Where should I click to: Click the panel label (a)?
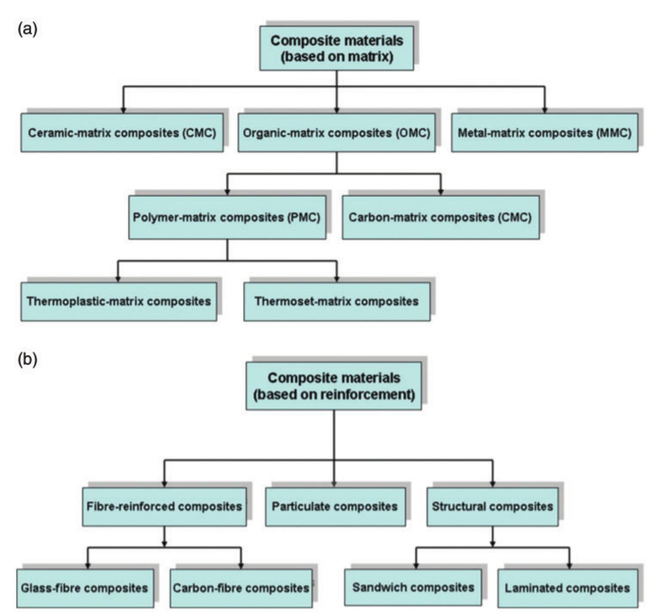pos(27,30)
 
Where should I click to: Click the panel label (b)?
pos(27,360)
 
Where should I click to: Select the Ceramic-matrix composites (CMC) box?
pos(122,133)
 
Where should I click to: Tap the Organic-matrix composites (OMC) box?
pos(336,133)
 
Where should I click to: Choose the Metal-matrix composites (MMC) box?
pos(544,133)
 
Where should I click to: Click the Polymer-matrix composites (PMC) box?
pos(227,217)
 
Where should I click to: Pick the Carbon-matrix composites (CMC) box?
pos(440,217)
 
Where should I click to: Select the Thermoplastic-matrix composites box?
pos(119,301)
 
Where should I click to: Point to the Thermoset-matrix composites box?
pos(336,301)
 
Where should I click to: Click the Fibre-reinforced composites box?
pos(164,506)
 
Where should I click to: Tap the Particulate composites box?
pos(335,506)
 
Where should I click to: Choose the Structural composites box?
pos(492,506)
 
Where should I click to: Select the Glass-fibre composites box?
pos(85,588)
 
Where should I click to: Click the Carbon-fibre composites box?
pos(241,588)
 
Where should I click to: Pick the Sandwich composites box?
pos(413,587)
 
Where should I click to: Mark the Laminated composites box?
pos(567,588)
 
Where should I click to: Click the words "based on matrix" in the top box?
pos(336,57)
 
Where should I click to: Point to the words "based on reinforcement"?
pos(334,395)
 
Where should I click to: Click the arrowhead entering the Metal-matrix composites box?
pos(544,110)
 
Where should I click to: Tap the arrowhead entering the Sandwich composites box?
pos(415,565)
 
